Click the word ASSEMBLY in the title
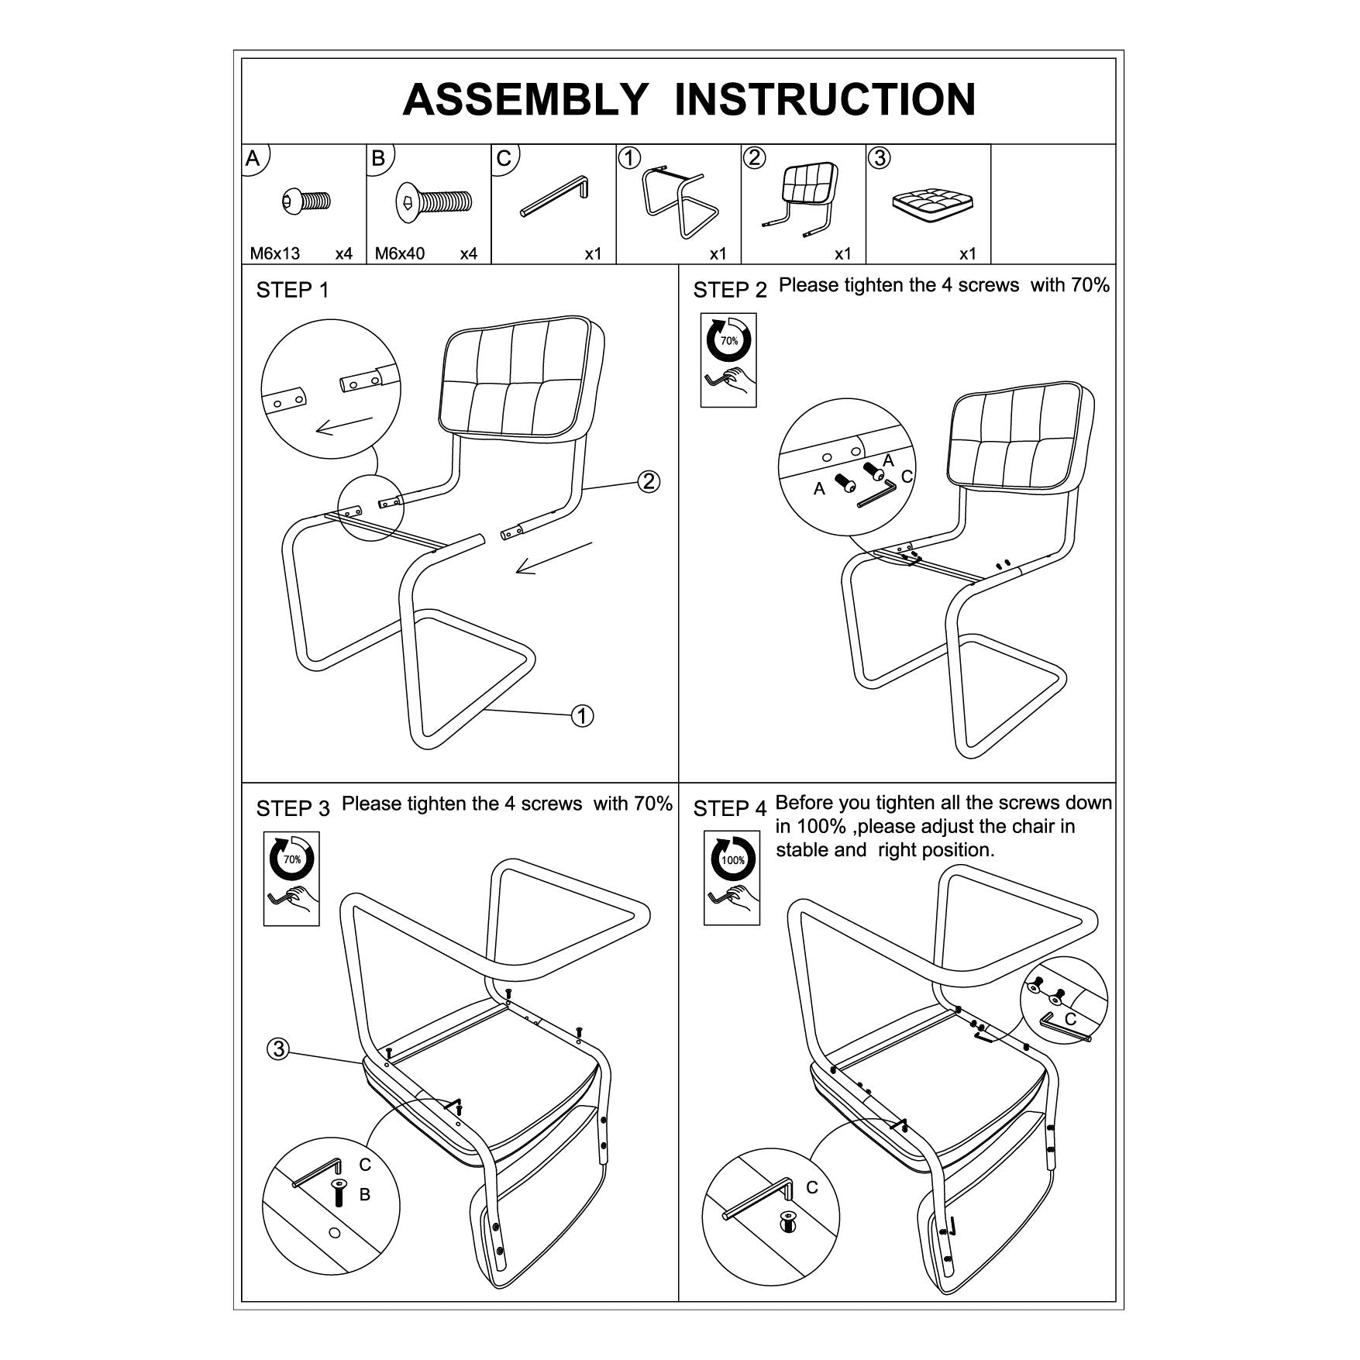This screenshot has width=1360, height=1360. (x=525, y=100)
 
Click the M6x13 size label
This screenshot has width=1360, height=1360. (x=274, y=253)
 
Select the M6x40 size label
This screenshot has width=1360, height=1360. (x=400, y=253)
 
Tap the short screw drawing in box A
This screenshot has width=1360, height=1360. (x=307, y=201)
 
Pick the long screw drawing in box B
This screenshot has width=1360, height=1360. (x=434, y=199)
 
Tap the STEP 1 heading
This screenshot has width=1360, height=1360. (x=292, y=291)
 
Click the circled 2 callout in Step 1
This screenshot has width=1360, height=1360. (x=649, y=481)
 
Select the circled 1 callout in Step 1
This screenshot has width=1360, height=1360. (x=582, y=715)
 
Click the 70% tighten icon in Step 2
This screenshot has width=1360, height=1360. (x=728, y=360)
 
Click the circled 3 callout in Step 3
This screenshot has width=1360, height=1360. (x=278, y=1049)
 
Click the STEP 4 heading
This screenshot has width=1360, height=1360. (x=729, y=809)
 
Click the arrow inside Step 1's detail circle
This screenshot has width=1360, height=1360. (x=344, y=425)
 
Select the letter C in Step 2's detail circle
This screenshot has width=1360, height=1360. (x=907, y=477)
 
